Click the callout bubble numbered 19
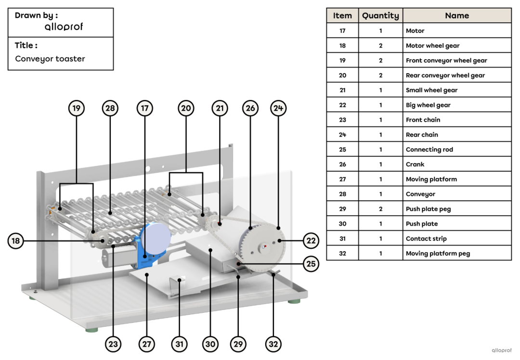76,108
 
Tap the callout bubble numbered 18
16,241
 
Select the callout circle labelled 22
311,241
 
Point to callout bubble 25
311,264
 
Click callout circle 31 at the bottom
179,344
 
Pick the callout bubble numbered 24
278,108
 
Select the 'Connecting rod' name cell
456,150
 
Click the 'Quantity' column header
380,15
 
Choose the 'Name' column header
456,15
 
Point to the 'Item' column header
342,15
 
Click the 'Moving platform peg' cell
456,254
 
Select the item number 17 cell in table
342,31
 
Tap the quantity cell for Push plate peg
380,209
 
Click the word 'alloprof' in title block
64,27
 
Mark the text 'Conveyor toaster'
50,59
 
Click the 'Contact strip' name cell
456,239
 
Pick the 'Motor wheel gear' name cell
456,46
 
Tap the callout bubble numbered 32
273,344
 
